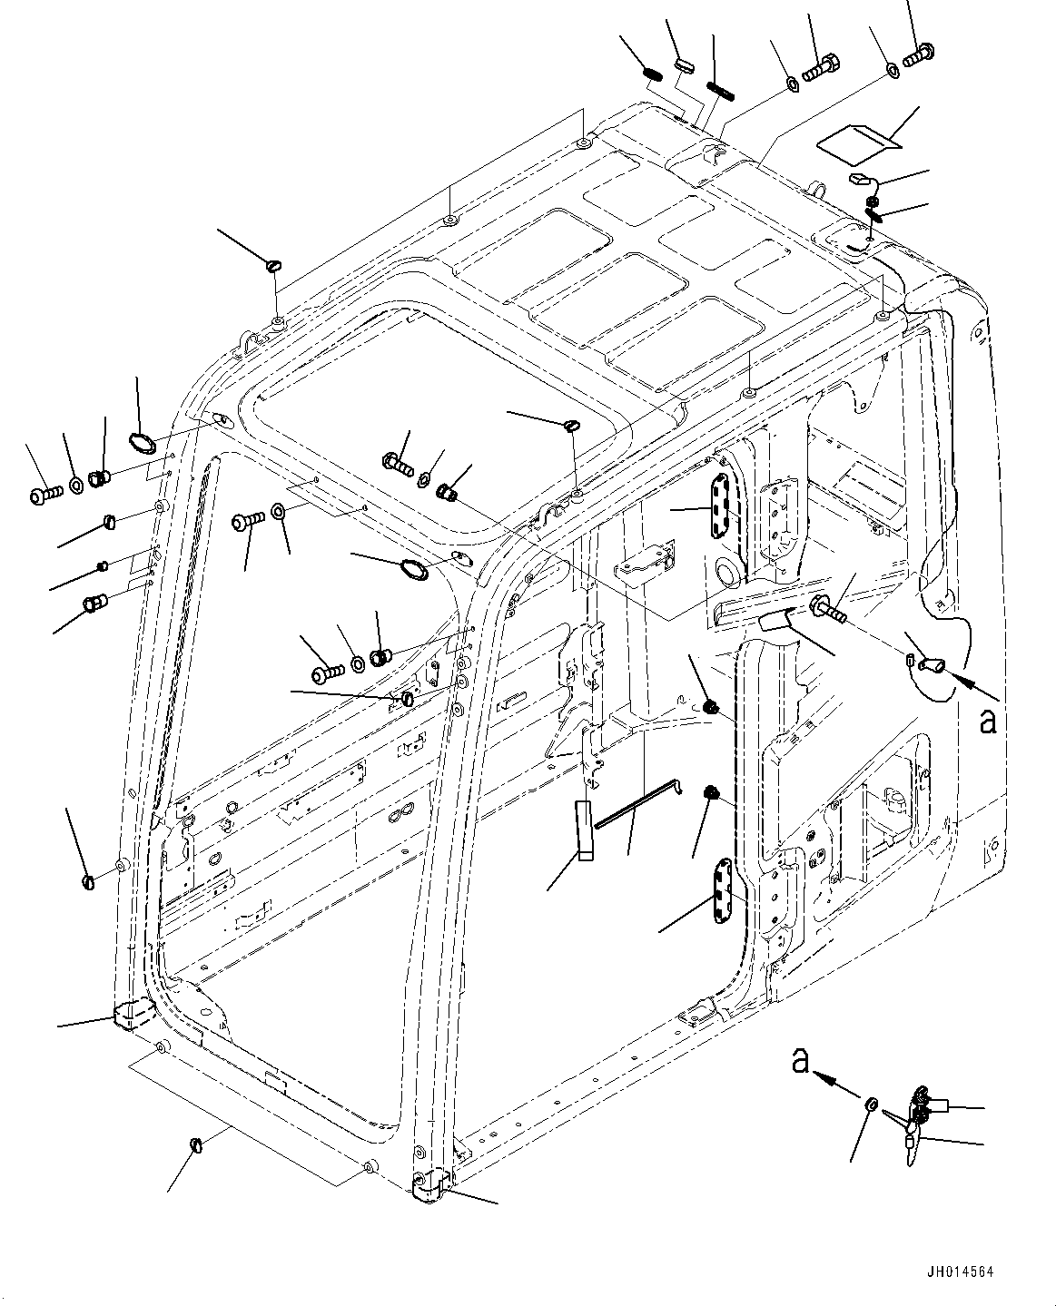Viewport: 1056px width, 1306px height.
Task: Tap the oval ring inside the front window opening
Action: click(414, 570)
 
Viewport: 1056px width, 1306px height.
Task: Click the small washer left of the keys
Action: click(869, 1105)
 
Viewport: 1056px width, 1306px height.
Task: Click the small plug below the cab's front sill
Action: click(195, 1144)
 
